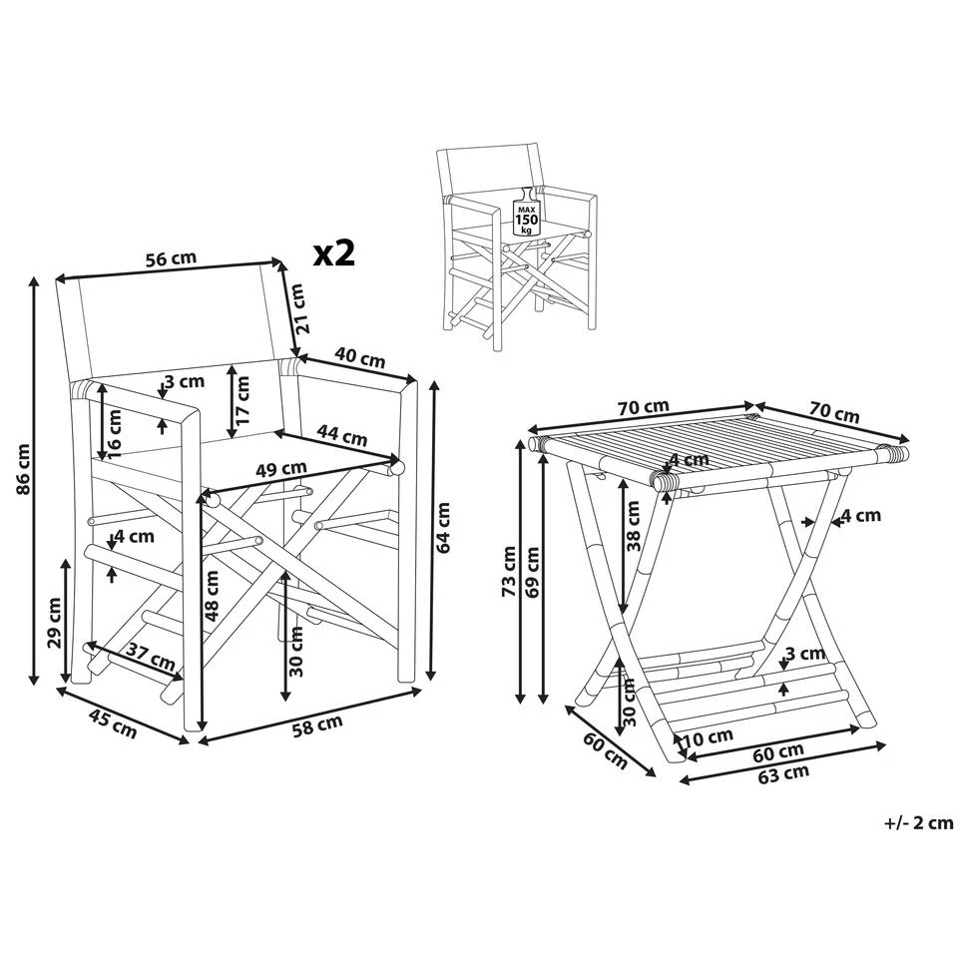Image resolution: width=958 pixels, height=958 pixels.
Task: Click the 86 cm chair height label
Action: pos(23,469)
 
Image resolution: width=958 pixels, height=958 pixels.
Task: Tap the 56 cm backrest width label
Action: pos(171,258)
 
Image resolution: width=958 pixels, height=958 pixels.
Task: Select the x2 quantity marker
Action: pos(333,252)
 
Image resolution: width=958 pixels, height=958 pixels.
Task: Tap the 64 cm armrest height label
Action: pos(444,528)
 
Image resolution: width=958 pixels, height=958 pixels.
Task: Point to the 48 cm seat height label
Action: pos(212,596)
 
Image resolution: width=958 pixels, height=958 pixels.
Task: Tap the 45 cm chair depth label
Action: pos(114,722)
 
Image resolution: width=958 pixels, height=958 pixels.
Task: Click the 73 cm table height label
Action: pos(509,571)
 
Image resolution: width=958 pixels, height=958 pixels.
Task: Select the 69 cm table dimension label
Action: pos(532,573)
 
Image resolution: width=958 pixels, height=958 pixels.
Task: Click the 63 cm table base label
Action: pos(784,773)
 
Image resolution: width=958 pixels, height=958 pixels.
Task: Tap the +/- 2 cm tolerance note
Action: pos(919,823)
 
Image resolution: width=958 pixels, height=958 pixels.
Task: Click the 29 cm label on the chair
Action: pos(54,622)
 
